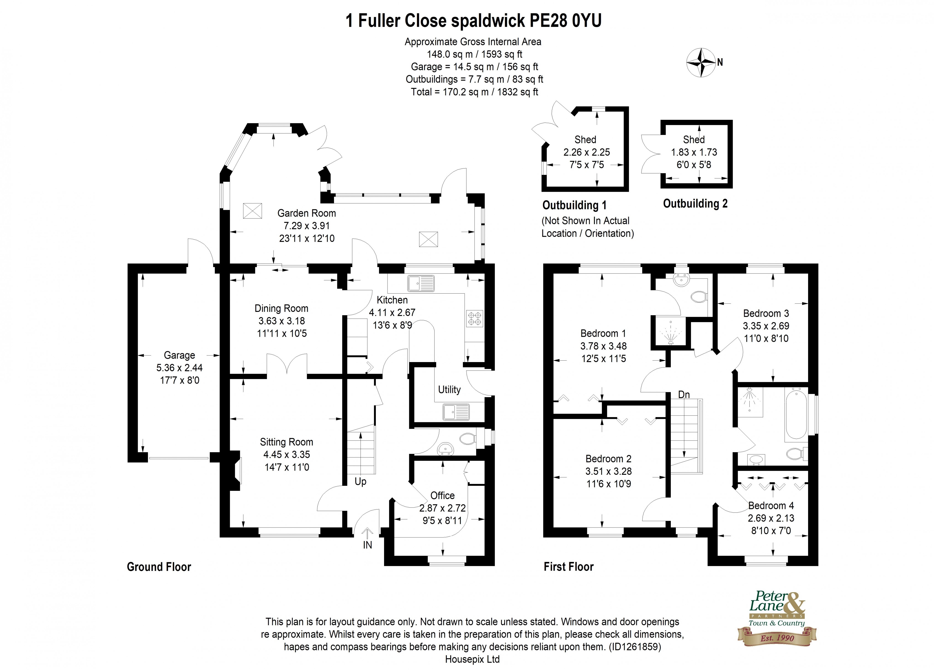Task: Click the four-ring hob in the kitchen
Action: click(x=474, y=318)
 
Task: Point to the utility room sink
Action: click(x=456, y=412)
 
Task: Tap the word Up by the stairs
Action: click(x=360, y=481)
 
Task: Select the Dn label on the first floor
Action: click(x=684, y=395)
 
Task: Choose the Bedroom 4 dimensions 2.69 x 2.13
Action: click(x=771, y=518)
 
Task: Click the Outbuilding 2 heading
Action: click(x=695, y=204)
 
